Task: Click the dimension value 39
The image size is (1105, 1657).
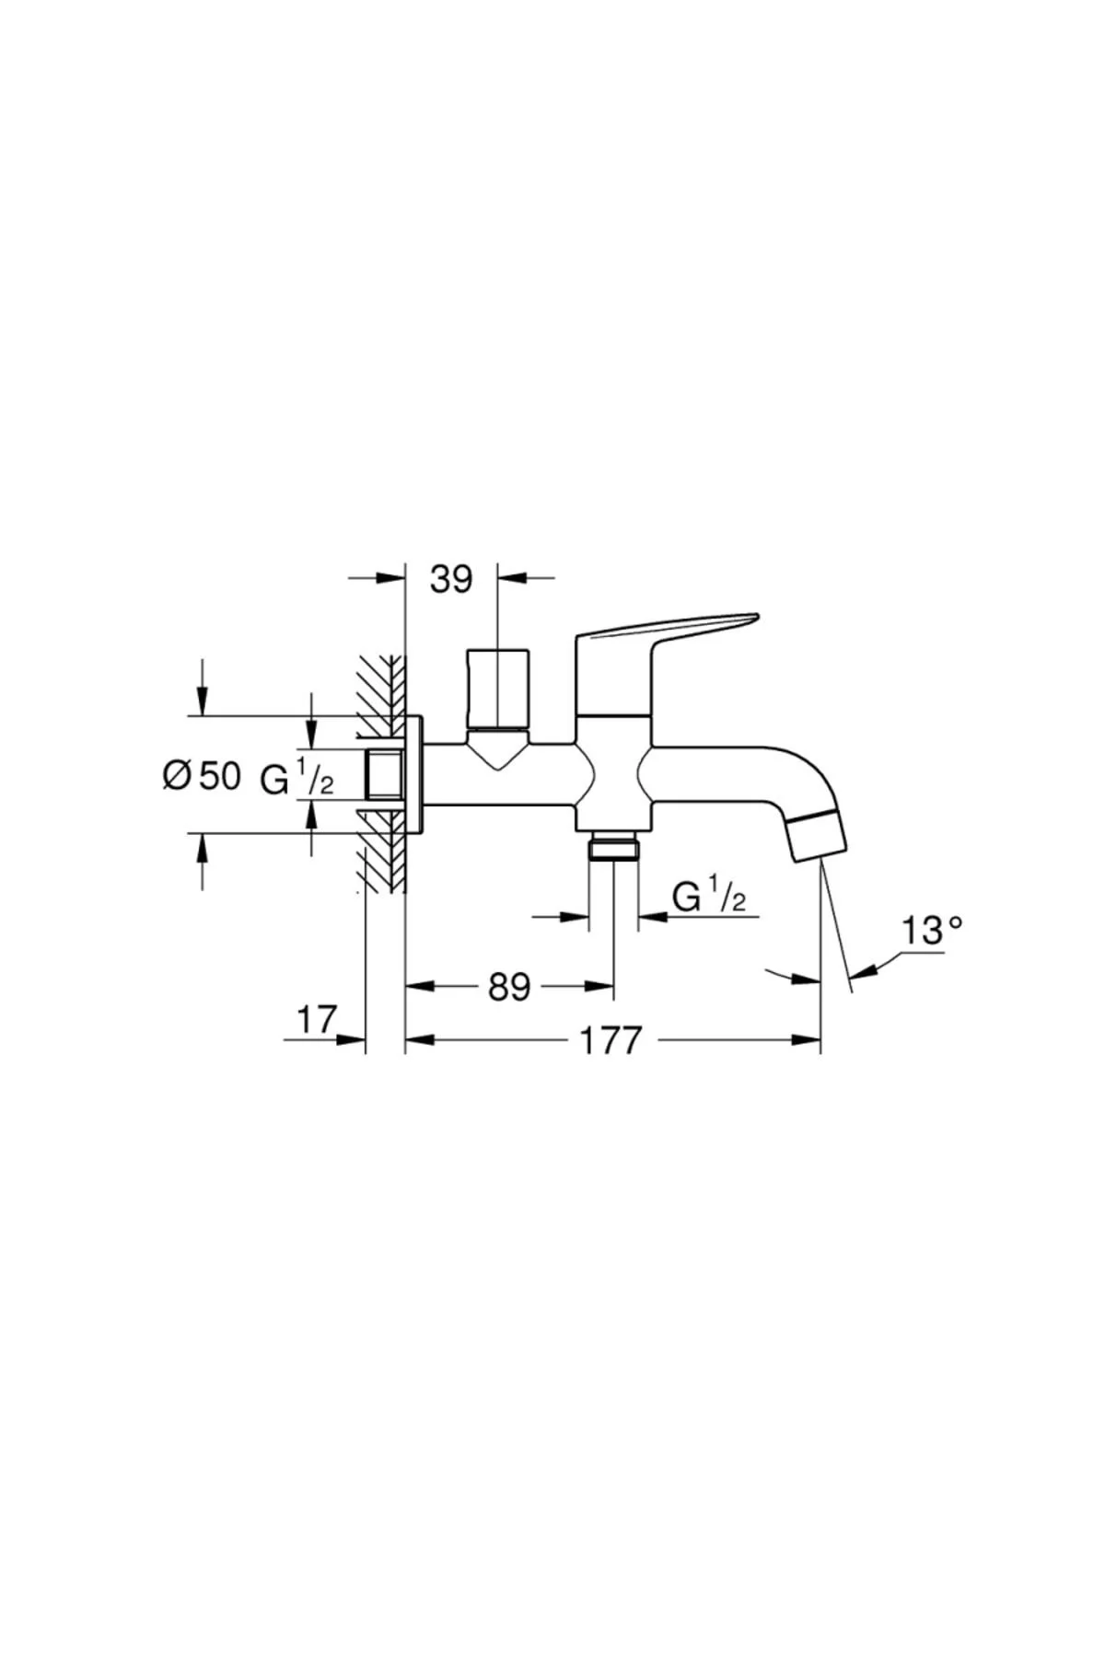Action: click(451, 580)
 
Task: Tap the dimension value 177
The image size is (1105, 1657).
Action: click(611, 1041)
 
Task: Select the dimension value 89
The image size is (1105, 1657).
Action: click(509, 988)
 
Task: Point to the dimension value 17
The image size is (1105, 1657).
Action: click(317, 1020)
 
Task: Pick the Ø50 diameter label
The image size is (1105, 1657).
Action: click(201, 776)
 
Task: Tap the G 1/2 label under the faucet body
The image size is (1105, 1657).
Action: click(709, 896)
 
